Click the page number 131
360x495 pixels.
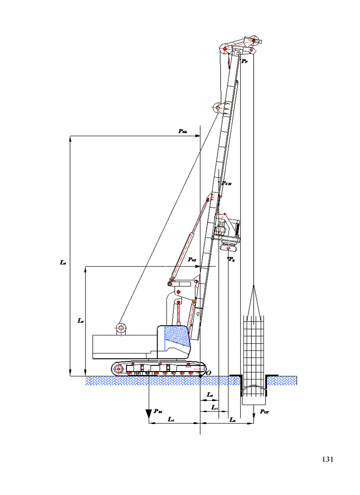[327, 459]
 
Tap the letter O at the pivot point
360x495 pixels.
[209, 373]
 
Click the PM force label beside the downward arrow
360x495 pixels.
[158, 411]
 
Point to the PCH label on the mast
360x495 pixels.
[226, 183]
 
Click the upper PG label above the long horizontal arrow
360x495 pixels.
[182, 131]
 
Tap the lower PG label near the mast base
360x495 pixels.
[192, 260]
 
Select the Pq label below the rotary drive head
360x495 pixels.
[232, 259]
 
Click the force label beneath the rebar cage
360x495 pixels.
[264, 411]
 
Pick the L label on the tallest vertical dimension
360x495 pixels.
[63, 262]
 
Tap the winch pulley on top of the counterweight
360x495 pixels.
[120, 328]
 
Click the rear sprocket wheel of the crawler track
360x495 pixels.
[117, 368]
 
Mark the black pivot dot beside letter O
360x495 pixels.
[201, 376]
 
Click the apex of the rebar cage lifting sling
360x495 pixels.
[254, 287]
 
